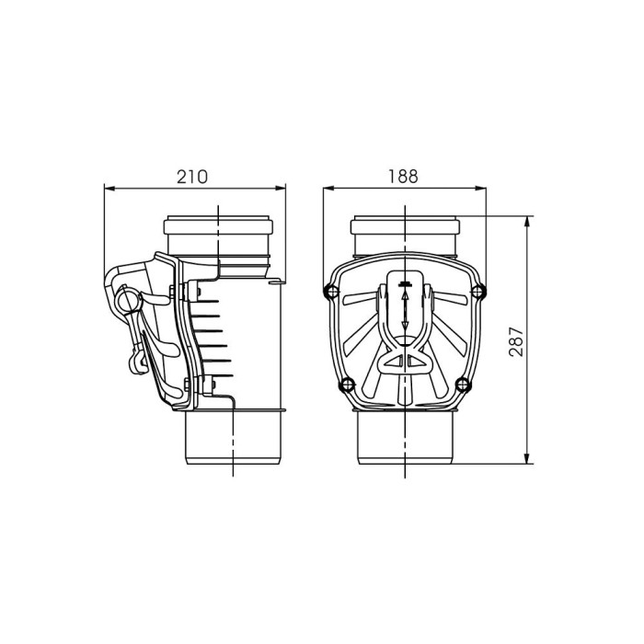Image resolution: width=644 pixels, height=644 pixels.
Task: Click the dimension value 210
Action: coord(192,177)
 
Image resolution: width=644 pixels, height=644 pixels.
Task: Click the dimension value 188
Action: coord(403,177)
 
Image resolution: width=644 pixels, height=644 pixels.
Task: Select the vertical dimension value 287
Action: coord(516,341)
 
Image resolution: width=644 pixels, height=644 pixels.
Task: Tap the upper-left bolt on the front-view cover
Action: coord(331,292)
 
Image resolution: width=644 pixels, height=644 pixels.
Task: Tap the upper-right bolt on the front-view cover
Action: coord(478,292)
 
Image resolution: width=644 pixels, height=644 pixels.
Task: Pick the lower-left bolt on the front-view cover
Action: coord(347,385)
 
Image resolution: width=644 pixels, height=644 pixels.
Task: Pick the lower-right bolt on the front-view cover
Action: coord(463,385)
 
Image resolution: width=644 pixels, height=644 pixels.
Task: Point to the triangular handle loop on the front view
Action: coord(405,362)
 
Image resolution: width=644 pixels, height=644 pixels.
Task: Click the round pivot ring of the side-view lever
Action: coord(128,300)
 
